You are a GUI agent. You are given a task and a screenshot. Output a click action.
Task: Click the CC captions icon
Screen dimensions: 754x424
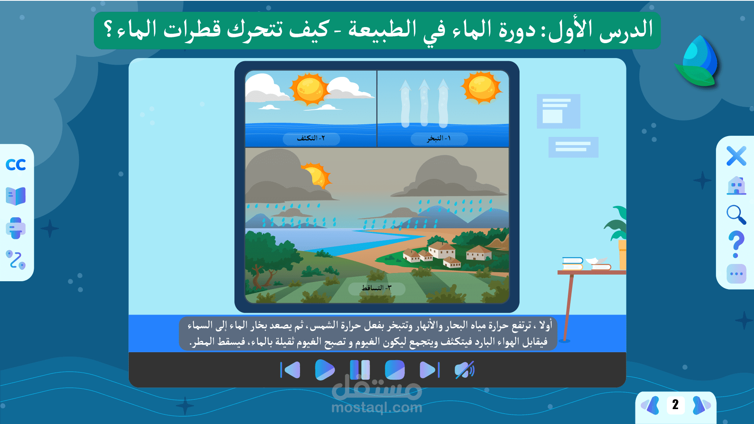coord(16,165)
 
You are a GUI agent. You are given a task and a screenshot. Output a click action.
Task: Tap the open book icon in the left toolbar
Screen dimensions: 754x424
coord(16,196)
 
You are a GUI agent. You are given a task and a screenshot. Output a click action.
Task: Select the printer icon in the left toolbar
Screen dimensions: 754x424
coord(16,228)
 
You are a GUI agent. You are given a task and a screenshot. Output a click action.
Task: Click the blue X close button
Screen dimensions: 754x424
coord(736,156)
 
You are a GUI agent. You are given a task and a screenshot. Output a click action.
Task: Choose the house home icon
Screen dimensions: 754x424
coord(736,186)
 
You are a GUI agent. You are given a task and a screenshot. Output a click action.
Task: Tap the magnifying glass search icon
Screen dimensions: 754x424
coord(736,215)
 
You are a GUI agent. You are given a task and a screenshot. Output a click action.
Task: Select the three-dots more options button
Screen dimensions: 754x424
coord(736,274)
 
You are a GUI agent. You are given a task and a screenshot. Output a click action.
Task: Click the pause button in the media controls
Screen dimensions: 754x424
coord(360,370)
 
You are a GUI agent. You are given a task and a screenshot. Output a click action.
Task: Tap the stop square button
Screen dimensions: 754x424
coord(395,370)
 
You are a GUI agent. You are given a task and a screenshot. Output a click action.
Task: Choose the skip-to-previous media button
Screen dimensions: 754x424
coord(290,370)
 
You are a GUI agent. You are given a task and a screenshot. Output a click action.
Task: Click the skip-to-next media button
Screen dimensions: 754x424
coord(430,370)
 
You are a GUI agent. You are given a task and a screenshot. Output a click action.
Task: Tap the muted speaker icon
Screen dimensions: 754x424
coord(465,370)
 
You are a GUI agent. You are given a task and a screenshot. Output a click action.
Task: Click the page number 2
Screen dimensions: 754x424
coord(675,405)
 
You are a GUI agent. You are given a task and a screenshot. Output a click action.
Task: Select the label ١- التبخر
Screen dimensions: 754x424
coord(439,138)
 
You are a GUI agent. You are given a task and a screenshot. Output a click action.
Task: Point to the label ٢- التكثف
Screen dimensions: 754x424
coord(311,138)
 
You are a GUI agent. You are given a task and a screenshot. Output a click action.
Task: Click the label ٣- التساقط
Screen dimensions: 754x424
coord(377,288)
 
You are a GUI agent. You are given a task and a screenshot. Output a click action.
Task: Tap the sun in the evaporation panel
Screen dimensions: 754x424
coord(481,87)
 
